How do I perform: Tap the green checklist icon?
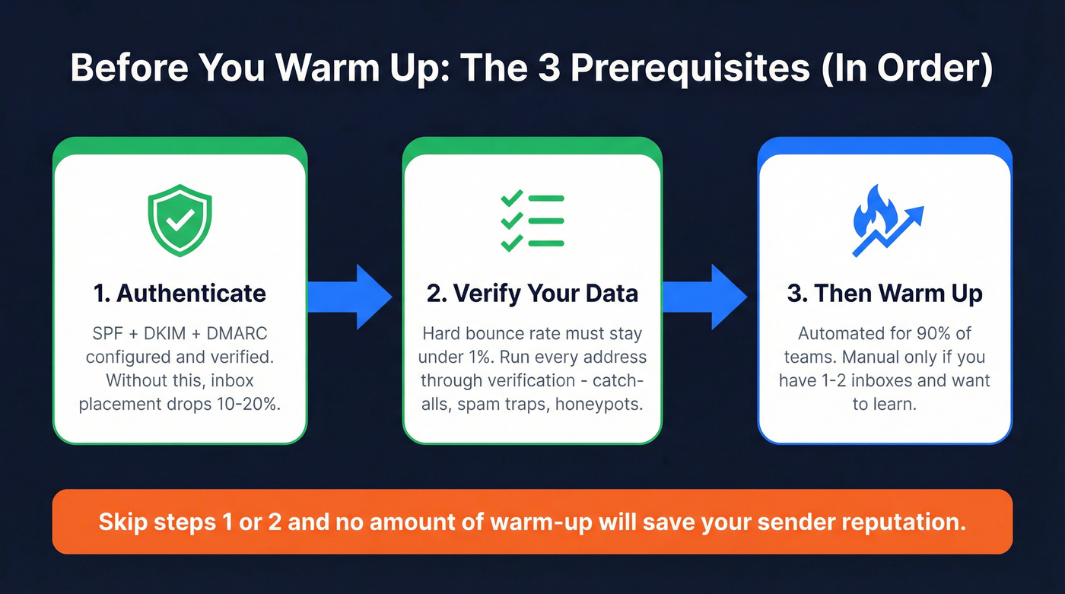(x=532, y=221)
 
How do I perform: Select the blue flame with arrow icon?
(x=885, y=221)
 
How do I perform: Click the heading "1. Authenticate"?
(x=180, y=294)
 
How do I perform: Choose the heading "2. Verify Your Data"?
(x=532, y=294)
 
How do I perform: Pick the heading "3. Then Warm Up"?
(x=885, y=294)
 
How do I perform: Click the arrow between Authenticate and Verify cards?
(x=352, y=297)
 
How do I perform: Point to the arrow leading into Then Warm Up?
(x=706, y=297)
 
